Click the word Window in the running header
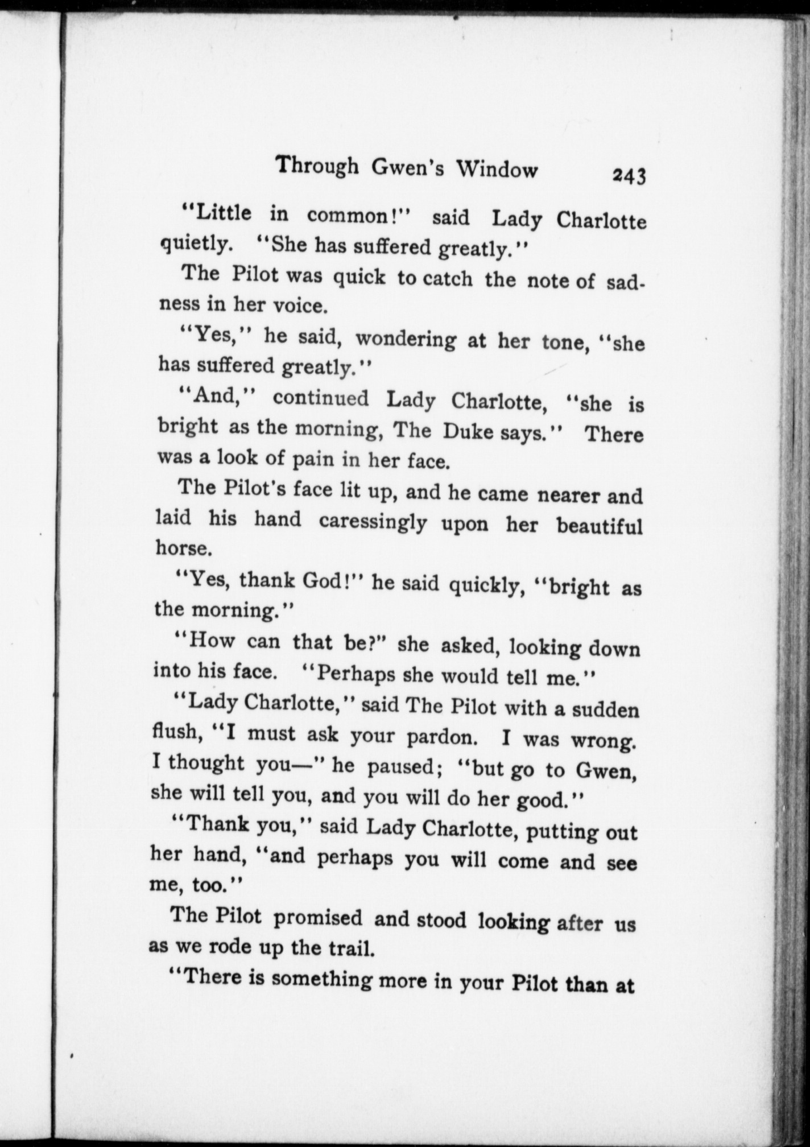click(498, 169)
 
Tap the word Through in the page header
click(317, 167)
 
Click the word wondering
click(406, 339)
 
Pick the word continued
click(321, 398)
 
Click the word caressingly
click(373, 521)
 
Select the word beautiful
click(600, 526)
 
